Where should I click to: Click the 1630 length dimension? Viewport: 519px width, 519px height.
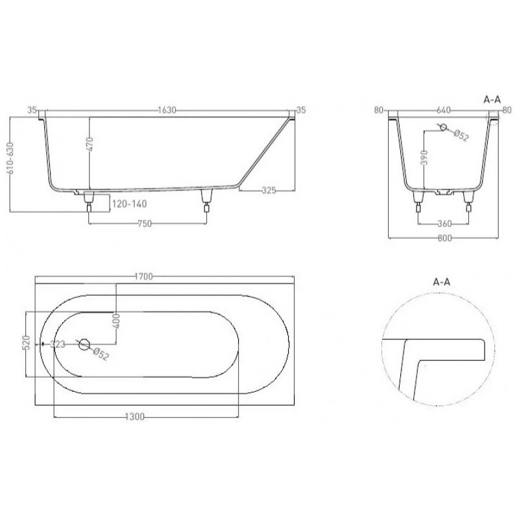[167, 110]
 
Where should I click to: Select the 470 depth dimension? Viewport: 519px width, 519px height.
[90, 144]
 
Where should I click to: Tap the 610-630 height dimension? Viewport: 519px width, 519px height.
[10, 158]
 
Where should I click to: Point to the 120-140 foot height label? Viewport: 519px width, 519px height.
[129, 204]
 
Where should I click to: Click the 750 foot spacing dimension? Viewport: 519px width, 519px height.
[145, 224]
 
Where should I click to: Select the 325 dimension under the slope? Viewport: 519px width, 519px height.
[269, 191]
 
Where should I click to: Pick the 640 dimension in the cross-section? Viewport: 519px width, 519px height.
[444, 110]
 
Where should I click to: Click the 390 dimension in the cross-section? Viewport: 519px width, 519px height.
[426, 157]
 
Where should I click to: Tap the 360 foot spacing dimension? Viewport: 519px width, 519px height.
[444, 224]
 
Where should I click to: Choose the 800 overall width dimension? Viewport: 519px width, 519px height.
[444, 238]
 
